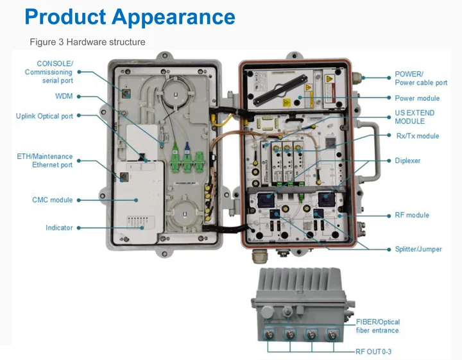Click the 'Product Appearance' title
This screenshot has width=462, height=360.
pos(130,17)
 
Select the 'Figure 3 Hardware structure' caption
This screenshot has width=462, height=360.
pos(87,42)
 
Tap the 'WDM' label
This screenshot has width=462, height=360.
pos(64,96)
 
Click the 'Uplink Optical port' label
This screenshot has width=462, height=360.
pos(44,116)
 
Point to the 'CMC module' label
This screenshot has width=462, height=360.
pos(53,200)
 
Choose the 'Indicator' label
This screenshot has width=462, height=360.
pos(59,227)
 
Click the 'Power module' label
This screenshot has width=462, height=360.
pos(417,98)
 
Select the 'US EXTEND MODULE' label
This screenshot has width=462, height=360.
pos(415,117)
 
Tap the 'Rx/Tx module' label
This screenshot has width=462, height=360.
pos(418,136)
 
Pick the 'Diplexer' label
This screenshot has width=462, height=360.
pos(407,160)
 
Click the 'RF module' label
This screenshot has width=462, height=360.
pos(412,215)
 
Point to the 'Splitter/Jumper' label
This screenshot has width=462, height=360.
pos(418,249)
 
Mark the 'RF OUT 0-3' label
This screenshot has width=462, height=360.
pos(373,352)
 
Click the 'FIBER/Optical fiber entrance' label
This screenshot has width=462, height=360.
pos(378,326)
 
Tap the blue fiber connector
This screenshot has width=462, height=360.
pos(187,148)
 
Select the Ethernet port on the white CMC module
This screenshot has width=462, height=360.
pos(124,177)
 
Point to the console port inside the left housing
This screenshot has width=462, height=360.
pos(126,94)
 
